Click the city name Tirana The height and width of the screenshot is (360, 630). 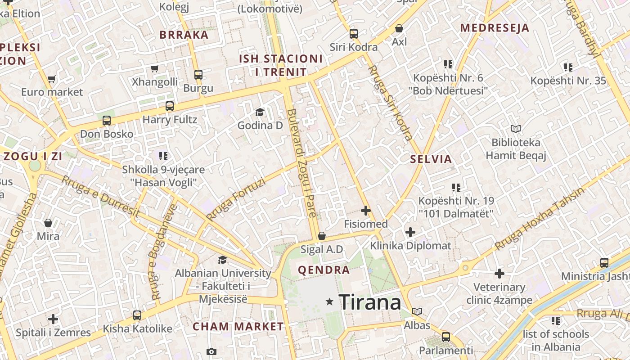(x=369, y=302)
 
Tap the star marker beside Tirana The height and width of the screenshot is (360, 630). (x=330, y=302)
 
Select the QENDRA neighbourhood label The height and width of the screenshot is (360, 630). (x=324, y=270)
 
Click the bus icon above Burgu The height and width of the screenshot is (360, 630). (x=198, y=74)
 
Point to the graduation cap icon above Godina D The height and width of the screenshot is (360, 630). (x=260, y=112)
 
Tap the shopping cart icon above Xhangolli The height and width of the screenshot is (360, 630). (x=155, y=68)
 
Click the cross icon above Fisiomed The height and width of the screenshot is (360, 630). (x=366, y=210)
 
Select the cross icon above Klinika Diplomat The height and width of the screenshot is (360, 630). (x=410, y=232)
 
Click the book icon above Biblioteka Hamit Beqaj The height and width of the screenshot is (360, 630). (x=515, y=129)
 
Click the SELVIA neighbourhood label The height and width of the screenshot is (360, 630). (x=431, y=159)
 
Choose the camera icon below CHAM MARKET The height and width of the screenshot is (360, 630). (x=211, y=351)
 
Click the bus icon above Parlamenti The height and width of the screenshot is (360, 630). (x=446, y=336)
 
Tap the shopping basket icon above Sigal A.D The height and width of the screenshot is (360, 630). (x=322, y=236)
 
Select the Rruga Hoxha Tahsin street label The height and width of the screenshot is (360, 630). (x=540, y=218)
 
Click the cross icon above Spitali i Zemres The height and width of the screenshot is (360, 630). (x=53, y=319)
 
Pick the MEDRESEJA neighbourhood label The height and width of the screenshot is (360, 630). (x=494, y=28)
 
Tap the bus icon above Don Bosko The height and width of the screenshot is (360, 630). (x=107, y=120)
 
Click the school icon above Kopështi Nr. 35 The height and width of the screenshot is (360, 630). (x=568, y=67)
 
